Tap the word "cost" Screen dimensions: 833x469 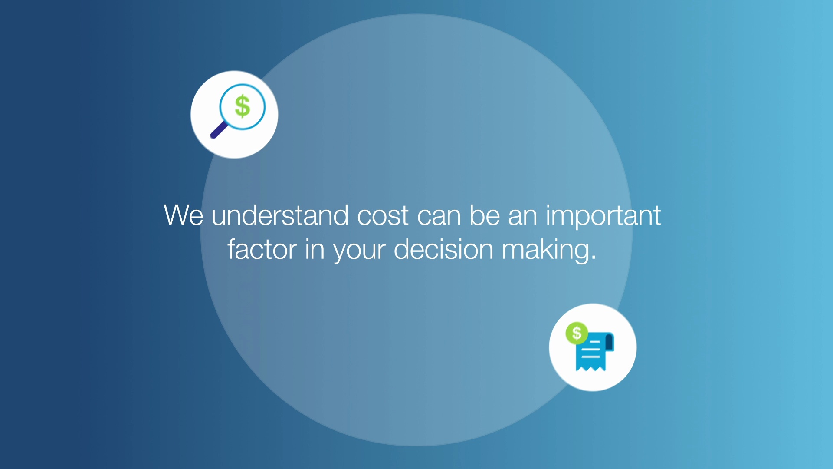coord(383,215)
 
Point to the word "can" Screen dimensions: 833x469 coord(439,216)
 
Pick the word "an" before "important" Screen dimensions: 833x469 coord(522,216)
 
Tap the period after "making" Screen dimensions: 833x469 coord(594,258)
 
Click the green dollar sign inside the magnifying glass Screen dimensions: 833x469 coord(243,106)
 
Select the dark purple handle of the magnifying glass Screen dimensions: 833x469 coord(219,130)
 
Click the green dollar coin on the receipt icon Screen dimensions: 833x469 coord(577,333)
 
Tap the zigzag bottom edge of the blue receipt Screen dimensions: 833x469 coord(590,368)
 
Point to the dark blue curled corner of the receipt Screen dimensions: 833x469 coord(609,341)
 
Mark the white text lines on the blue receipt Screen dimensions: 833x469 coord(591,350)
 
